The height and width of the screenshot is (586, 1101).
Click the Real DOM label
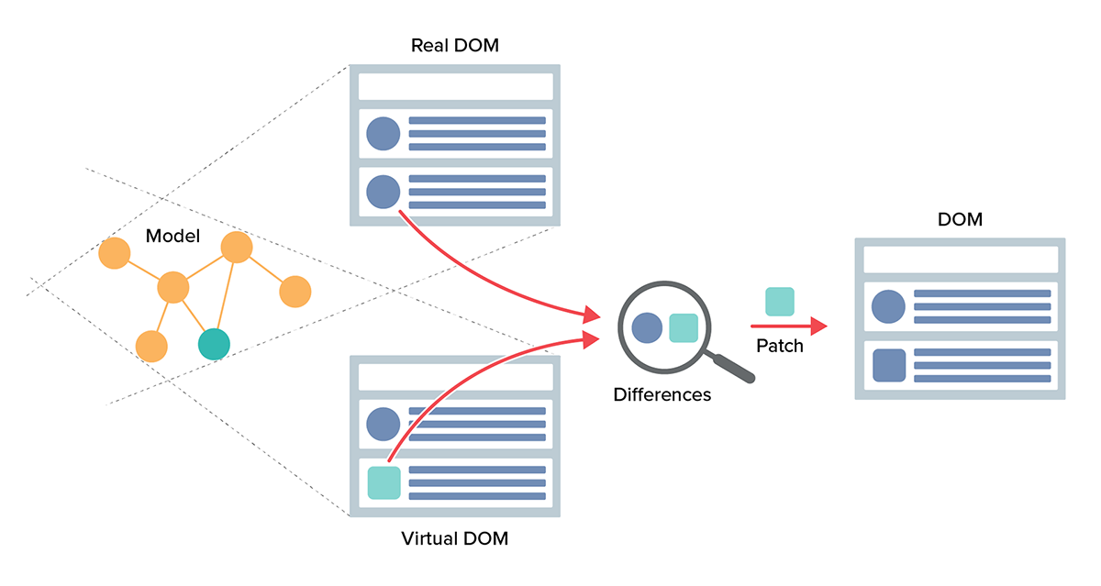(455, 45)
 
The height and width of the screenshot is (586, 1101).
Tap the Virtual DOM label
(455, 538)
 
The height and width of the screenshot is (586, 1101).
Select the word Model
(172, 237)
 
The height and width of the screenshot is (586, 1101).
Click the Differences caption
(662, 395)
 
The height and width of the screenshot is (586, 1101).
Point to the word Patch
(780, 346)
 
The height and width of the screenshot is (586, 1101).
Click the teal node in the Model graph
(214, 344)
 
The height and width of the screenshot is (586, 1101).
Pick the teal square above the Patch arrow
(780, 302)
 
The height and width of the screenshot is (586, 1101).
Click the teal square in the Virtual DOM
(384, 482)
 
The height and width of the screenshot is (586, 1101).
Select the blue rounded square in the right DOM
(889, 365)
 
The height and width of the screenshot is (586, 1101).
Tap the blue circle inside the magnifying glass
(648, 327)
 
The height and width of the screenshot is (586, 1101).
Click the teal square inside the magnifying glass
(684, 327)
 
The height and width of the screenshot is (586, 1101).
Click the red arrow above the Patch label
(789, 326)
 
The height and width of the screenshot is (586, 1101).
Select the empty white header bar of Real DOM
(455, 86)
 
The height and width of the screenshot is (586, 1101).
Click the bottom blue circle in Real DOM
(384, 193)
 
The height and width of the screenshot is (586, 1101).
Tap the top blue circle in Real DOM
(384, 134)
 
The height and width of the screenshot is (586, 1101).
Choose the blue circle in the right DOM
(888, 306)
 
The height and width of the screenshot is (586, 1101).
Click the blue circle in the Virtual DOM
(384, 424)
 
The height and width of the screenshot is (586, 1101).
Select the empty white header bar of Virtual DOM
(455, 376)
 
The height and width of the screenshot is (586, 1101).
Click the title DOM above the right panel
(961, 219)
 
